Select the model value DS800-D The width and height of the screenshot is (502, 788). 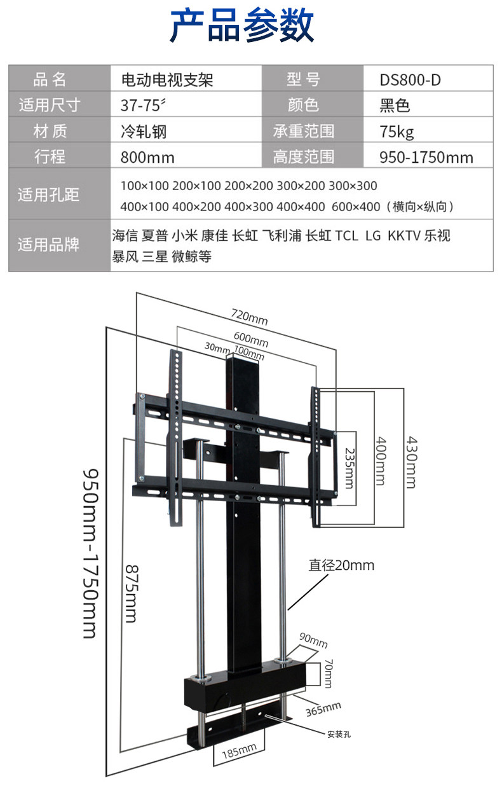(x=410, y=80)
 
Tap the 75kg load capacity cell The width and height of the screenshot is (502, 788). (x=397, y=132)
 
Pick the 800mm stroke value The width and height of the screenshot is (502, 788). (x=147, y=157)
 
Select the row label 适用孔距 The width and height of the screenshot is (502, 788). (x=49, y=195)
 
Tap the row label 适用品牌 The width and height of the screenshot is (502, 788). (x=49, y=244)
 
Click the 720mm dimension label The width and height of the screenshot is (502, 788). (x=249, y=317)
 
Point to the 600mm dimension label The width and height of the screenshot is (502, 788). (x=250, y=340)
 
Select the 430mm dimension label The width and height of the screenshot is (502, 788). (x=410, y=462)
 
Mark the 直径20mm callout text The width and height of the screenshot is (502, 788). (x=342, y=565)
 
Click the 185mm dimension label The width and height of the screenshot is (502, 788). (x=239, y=752)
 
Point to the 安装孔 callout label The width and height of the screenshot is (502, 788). (x=339, y=734)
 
